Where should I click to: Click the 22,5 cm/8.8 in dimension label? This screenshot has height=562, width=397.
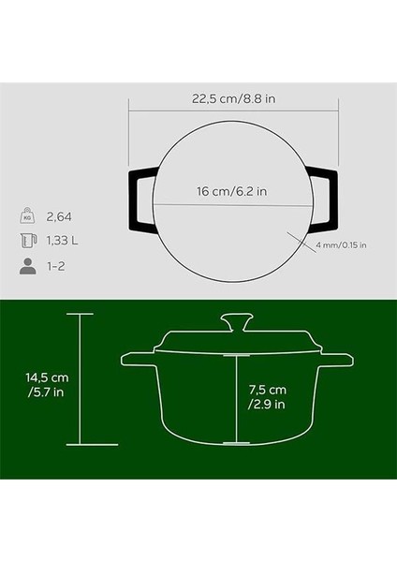[227, 96]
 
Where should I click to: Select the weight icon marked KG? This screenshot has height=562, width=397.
[26, 216]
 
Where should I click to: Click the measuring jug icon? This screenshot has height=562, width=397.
[26, 241]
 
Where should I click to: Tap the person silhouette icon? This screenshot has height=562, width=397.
[26, 266]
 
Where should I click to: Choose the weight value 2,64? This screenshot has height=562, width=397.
[61, 216]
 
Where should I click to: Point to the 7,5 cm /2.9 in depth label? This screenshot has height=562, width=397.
[268, 397]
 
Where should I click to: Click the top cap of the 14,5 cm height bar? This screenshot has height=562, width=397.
[80, 316]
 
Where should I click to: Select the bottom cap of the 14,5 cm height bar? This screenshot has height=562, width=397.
[80, 444]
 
